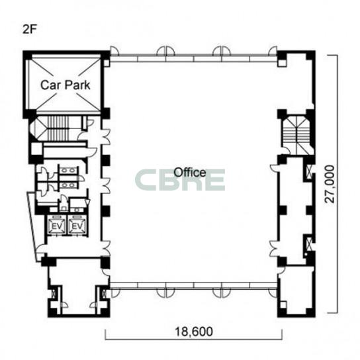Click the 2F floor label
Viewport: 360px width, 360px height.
(30, 29)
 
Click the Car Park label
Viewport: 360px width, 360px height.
(66, 85)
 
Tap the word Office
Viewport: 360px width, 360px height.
(190, 172)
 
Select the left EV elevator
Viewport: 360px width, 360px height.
(57, 226)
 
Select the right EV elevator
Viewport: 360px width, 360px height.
(77, 226)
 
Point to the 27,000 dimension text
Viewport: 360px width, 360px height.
(330, 184)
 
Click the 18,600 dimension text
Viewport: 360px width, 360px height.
(194, 332)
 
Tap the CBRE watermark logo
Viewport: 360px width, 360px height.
(180, 180)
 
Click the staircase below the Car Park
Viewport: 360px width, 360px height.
(58, 128)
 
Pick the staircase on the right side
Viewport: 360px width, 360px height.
(296, 136)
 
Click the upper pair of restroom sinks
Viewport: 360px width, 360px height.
(69, 170)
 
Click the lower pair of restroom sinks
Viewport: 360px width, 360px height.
(69, 185)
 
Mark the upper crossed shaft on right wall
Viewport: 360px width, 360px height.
(309, 171)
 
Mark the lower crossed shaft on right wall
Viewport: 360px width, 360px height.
(309, 244)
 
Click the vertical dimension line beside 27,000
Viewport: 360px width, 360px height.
(337, 184)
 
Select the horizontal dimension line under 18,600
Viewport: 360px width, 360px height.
(194, 339)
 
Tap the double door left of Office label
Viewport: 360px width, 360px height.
(106, 185)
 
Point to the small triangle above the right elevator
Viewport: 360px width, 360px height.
(87, 202)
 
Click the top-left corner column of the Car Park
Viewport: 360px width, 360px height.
(27, 55)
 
